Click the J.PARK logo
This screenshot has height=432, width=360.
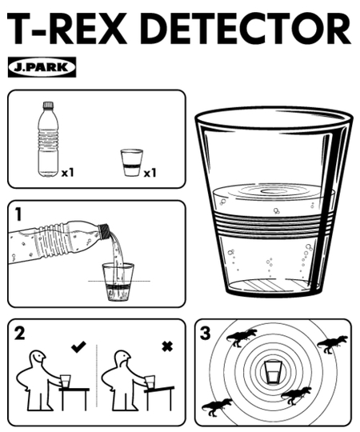[x=42, y=67]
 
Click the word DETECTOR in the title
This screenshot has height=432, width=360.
[x=247, y=28]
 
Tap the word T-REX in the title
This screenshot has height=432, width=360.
[x=67, y=28]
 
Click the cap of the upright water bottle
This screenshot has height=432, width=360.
[x=48, y=105]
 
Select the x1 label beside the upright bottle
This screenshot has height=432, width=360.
[x=68, y=173]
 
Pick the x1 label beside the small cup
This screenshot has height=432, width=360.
[x=150, y=173]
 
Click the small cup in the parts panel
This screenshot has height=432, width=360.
[x=132, y=162]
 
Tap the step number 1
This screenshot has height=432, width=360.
[x=18, y=214]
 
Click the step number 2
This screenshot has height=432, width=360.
[x=19, y=333]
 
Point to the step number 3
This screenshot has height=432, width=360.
[x=206, y=333]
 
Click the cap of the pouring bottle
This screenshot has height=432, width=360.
[x=105, y=230]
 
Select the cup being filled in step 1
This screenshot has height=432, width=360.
[x=118, y=282]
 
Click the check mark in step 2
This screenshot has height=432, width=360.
[x=78, y=346]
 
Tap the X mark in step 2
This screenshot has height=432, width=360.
[x=167, y=346]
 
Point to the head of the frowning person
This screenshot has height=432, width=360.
[x=122, y=358]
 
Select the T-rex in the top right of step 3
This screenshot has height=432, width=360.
[x=332, y=344]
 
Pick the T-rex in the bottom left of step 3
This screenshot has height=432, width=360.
[x=217, y=407]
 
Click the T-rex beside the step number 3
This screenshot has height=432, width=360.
[x=242, y=338]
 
